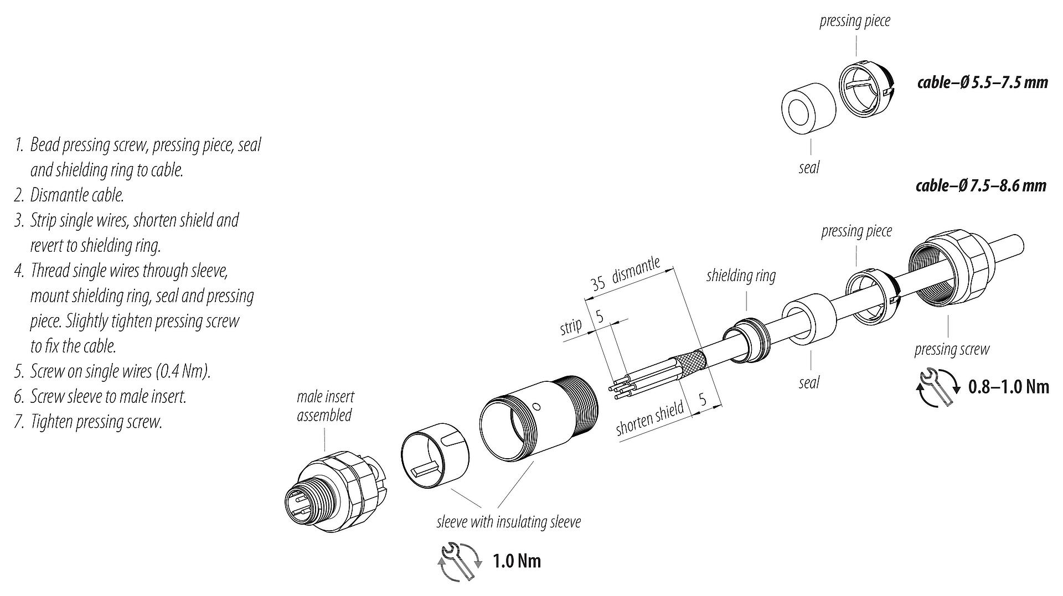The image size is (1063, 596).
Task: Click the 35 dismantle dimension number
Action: [x=598, y=284]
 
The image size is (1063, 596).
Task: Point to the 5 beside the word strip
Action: [x=599, y=317]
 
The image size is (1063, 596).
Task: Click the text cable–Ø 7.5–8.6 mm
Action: [x=981, y=185]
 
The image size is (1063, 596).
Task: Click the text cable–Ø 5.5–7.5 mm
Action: [x=982, y=82]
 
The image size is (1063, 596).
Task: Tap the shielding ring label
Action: [x=741, y=275]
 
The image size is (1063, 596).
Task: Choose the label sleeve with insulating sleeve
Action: [x=508, y=522]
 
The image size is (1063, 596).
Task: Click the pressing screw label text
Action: [x=951, y=349]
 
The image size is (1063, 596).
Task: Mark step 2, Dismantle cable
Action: [x=76, y=195]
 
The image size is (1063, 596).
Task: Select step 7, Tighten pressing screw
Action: [x=96, y=422]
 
